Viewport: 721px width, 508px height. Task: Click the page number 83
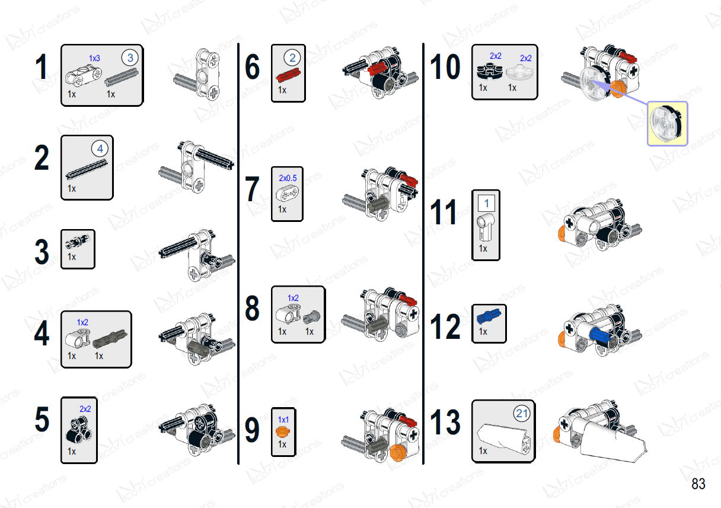tap(698, 484)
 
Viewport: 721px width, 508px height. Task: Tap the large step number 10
tap(445, 66)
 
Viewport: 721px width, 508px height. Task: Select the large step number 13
tap(445, 421)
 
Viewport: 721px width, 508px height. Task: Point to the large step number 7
tap(252, 189)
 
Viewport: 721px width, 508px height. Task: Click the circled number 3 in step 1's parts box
tap(130, 58)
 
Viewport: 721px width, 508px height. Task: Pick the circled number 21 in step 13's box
tap(522, 413)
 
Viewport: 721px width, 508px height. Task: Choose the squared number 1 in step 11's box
tap(486, 203)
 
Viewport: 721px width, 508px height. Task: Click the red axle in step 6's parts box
tap(288, 75)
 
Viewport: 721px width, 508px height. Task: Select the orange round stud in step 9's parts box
tap(283, 431)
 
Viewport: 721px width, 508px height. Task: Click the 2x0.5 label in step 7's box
tap(288, 178)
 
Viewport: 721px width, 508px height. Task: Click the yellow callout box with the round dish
tap(668, 123)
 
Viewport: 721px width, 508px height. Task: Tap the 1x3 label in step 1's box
tap(95, 58)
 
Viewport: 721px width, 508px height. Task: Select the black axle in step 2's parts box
tap(87, 169)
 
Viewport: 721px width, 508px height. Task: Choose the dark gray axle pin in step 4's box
tap(110, 339)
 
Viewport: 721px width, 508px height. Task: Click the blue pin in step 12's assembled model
tap(599, 335)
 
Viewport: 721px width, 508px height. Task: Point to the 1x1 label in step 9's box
tap(283, 420)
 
